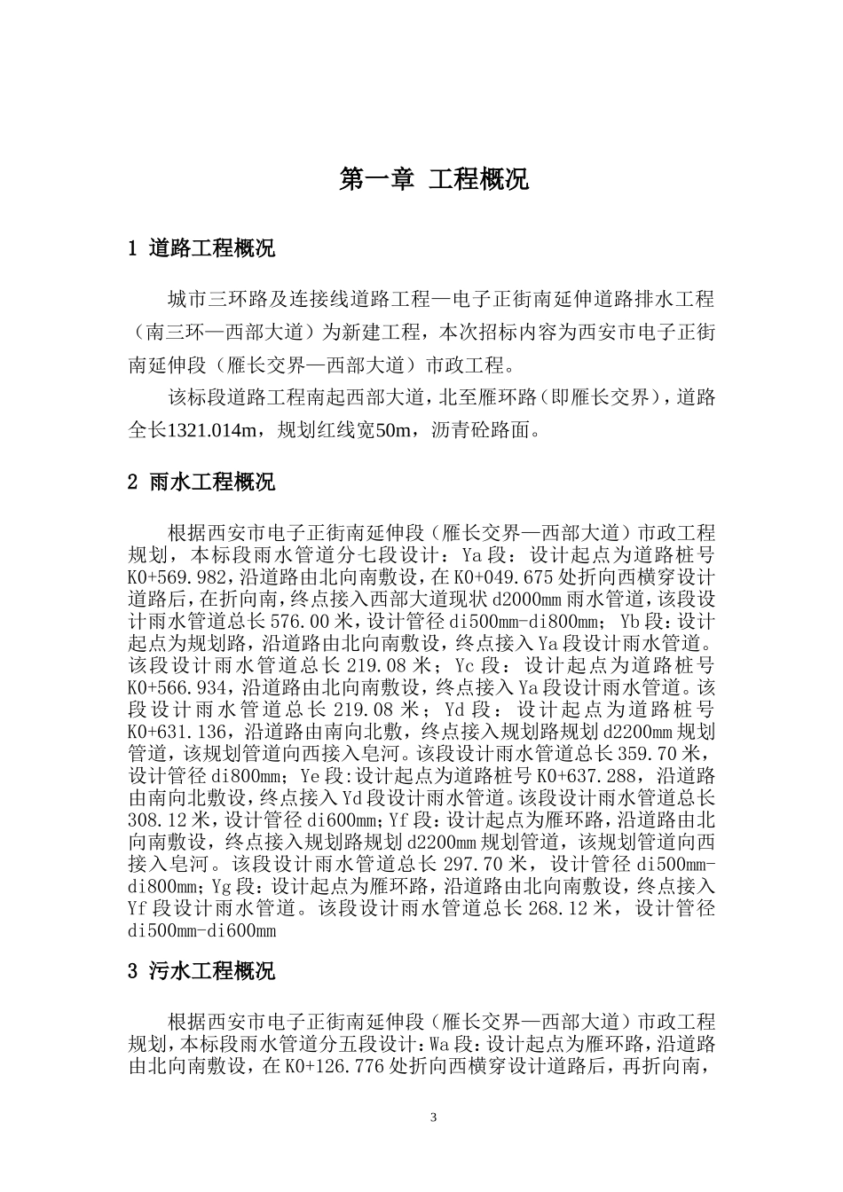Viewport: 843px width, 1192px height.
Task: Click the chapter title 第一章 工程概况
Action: pos(435,179)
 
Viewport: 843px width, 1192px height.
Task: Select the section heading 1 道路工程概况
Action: pos(201,248)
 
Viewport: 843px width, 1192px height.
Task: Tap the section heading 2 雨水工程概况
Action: pos(201,482)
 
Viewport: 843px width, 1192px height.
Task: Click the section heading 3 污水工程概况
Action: pos(201,971)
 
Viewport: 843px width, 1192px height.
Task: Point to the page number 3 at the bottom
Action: pos(434,1117)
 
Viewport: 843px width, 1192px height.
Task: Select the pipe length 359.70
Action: pos(652,754)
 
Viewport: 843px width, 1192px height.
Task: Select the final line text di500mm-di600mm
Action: pos(202,930)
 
